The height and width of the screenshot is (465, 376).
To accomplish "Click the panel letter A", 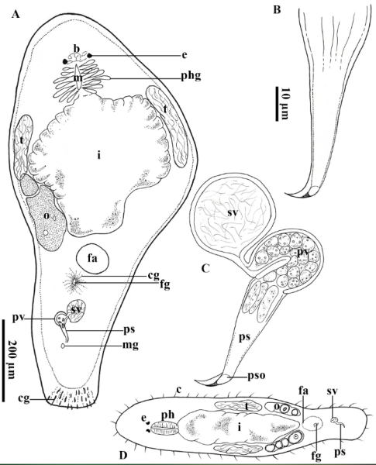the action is (16, 14).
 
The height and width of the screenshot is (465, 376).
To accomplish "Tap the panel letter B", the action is (277, 10).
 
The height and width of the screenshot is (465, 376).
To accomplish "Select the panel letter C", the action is (205, 269).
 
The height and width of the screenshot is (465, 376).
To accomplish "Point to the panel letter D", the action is (123, 455).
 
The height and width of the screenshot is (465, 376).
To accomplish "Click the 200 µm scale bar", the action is (4, 360).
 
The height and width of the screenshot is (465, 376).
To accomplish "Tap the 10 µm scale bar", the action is (277, 104).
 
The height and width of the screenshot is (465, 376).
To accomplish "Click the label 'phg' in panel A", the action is (191, 77).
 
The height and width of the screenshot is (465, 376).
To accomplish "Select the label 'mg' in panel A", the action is (130, 346).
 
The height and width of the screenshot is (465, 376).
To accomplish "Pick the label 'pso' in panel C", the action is (257, 376).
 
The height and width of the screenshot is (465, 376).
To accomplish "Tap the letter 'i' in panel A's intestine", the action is (98, 155).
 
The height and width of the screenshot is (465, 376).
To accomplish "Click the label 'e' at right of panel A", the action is (185, 56).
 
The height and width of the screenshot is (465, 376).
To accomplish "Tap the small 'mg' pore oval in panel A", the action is (63, 346).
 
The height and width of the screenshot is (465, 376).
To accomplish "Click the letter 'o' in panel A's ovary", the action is (46, 216).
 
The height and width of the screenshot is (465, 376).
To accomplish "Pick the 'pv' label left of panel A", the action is (18, 319).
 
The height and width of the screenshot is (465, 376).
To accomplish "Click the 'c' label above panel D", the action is (178, 391).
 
